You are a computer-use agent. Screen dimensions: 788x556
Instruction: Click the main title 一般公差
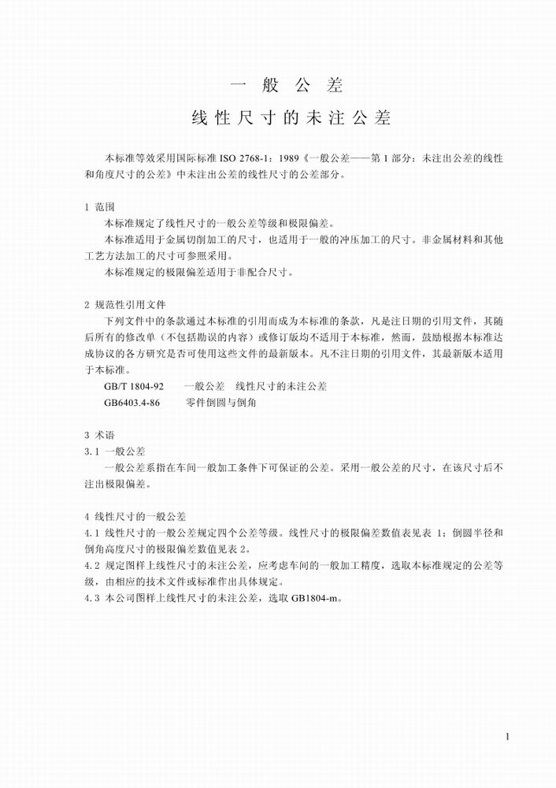287,84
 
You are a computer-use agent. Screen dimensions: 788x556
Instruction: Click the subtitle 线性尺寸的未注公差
291,119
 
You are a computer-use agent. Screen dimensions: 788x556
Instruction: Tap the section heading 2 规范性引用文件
124,304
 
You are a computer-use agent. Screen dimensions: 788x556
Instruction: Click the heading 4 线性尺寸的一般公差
135,517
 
